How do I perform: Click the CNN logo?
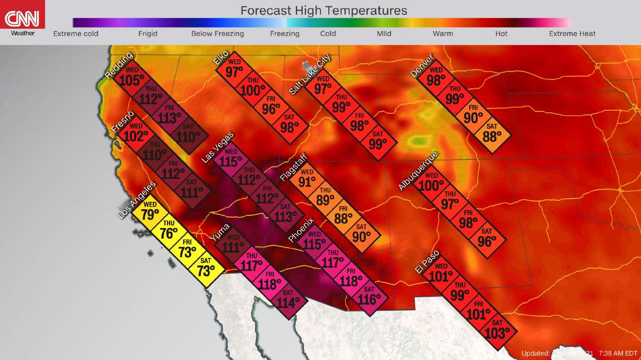click(22, 19)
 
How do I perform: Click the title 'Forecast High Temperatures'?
click(324, 10)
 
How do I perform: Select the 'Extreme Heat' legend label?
click(572, 34)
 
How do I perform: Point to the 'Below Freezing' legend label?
click(217, 34)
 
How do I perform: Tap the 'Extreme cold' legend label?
click(76, 34)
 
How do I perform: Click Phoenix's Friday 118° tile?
click(351, 279)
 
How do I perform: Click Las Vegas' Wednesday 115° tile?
click(230, 159)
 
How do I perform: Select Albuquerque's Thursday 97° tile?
click(449, 201)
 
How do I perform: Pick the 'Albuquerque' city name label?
click(418, 171)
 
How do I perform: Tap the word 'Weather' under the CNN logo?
click(22, 34)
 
